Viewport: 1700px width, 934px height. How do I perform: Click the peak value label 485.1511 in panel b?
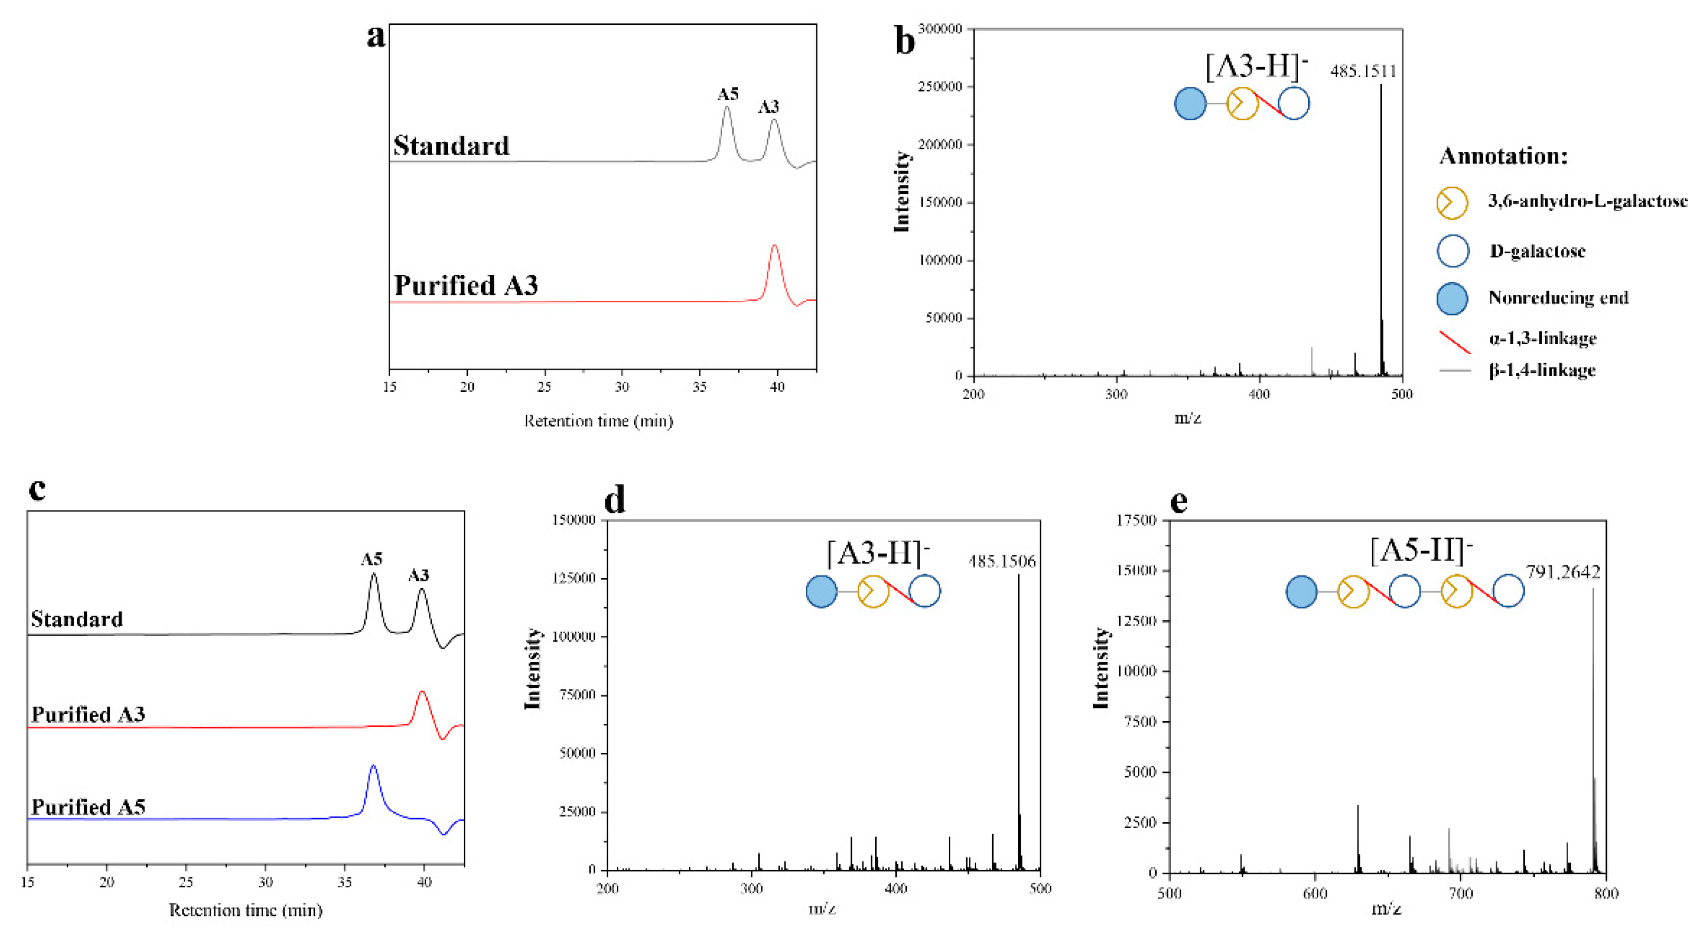click(1363, 71)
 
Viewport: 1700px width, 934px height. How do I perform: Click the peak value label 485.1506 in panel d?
click(1002, 562)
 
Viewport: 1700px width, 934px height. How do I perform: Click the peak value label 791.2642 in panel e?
click(1563, 572)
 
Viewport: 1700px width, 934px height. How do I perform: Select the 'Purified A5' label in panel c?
click(88, 807)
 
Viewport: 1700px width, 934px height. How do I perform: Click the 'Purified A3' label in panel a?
click(466, 286)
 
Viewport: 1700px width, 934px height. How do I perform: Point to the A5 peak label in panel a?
click(728, 94)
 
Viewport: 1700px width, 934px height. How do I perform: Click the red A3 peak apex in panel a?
click(774, 246)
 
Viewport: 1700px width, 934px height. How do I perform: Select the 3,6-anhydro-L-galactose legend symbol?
click(1452, 203)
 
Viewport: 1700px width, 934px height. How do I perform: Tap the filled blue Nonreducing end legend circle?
click(1452, 298)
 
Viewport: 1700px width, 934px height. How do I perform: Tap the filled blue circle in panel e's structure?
click(1301, 591)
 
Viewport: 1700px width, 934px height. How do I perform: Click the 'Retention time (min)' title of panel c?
click(246, 910)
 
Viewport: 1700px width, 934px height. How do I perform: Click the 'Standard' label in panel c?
click(77, 619)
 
